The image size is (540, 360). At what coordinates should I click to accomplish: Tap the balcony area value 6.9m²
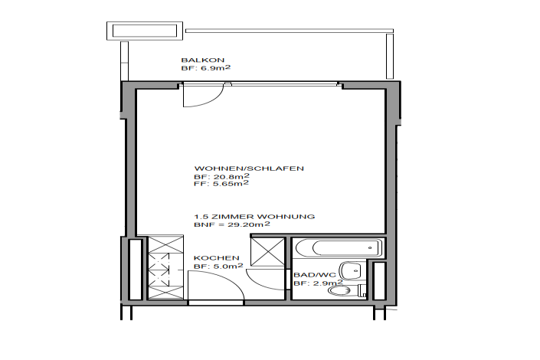[215, 68]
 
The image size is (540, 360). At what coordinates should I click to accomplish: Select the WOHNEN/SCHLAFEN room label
[249, 169]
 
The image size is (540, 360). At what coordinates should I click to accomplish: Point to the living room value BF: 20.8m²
[222, 176]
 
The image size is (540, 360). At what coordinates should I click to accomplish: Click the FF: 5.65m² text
[221, 184]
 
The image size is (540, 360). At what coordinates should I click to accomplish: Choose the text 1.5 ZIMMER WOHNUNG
[254, 217]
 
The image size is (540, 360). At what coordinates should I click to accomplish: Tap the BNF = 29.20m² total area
[232, 224]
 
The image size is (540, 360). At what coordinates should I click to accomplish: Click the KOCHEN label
[216, 258]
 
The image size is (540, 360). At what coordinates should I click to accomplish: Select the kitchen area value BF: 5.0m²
[218, 266]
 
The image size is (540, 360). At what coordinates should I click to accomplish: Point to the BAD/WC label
[315, 275]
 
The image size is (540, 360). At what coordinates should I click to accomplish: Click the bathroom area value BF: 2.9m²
[318, 283]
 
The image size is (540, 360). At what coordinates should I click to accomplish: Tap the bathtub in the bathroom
[339, 248]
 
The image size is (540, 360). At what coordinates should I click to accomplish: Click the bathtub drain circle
[370, 247]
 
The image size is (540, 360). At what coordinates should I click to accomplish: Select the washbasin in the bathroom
[352, 271]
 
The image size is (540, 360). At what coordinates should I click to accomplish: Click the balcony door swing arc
[203, 95]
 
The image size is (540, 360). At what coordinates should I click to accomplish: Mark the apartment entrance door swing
[216, 285]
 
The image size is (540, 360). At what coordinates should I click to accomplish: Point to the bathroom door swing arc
[267, 280]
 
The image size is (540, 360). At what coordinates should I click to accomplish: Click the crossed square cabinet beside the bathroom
[268, 252]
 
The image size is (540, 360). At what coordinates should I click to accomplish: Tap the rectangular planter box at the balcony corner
[145, 31]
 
